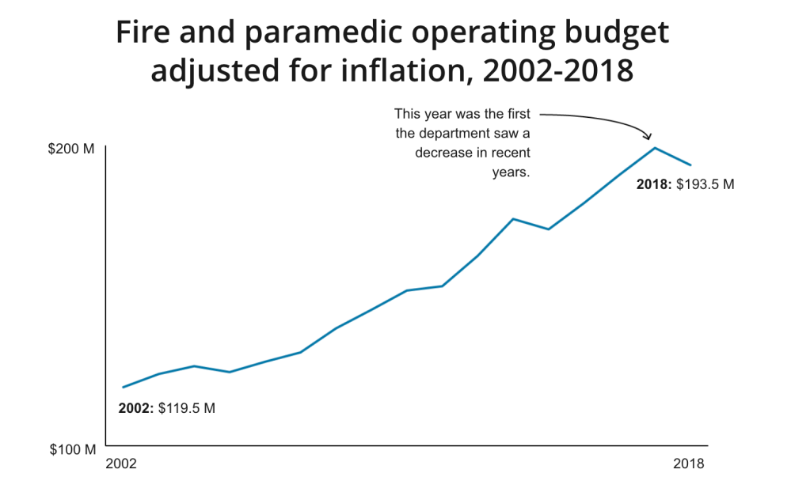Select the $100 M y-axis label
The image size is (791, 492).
click(72, 449)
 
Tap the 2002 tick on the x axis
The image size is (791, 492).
click(121, 464)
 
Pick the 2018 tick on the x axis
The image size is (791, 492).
click(688, 464)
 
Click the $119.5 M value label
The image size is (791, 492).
click(187, 409)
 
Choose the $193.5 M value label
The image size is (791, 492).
click(705, 184)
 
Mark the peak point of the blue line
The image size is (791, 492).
click(655, 148)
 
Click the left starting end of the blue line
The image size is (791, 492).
click(123, 387)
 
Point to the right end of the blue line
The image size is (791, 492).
click(691, 165)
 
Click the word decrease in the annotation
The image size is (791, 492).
click(443, 153)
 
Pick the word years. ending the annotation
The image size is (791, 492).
click(511, 172)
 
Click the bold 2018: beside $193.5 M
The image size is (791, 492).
click(654, 184)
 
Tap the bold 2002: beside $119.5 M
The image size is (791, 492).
click(136, 409)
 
